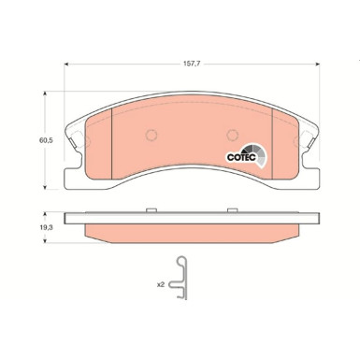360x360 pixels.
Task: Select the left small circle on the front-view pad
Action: point(148,136)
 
